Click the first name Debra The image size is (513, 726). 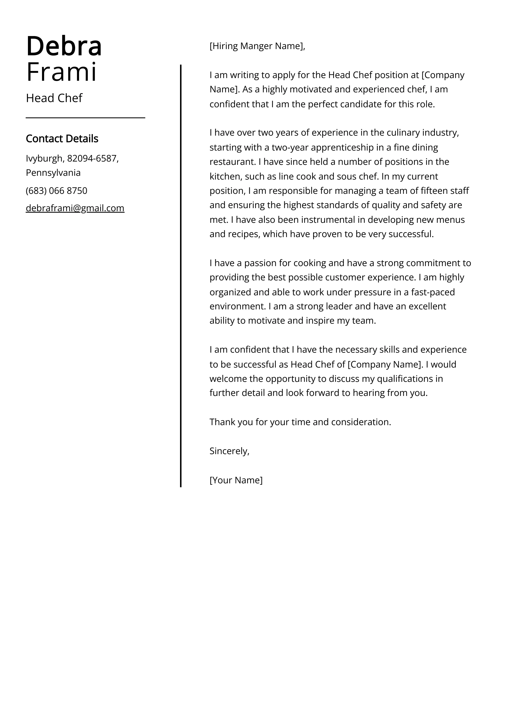pos(64,46)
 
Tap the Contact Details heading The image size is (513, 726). pos(62,139)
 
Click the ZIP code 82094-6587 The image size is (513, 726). pos(92,158)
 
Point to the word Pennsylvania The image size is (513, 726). pos(53,173)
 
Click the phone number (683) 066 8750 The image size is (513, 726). pos(56,191)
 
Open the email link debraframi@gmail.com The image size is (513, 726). pos(75,208)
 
